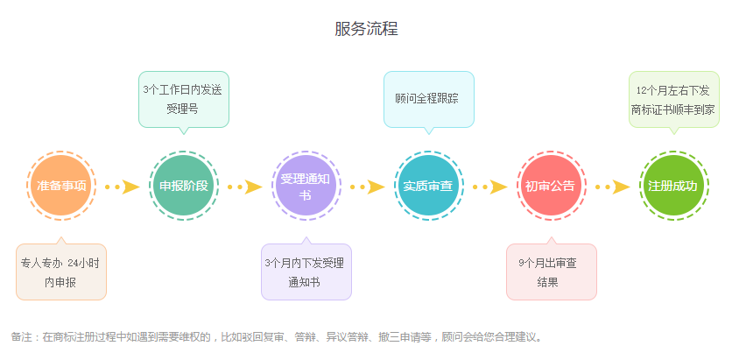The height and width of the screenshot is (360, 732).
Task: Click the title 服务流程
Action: click(366, 28)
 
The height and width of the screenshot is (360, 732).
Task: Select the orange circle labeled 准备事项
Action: click(61, 186)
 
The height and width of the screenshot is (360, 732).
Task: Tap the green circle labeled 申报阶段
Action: click(183, 186)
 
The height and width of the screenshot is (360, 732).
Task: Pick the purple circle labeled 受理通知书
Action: click(306, 186)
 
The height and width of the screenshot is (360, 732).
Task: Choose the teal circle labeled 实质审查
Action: click(428, 186)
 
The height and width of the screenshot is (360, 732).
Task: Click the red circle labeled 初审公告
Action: click(550, 186)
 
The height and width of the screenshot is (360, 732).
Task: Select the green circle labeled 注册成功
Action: click(672, 186)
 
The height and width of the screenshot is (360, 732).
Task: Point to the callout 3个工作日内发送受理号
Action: click(183, 99)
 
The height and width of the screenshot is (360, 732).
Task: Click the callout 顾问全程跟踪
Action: click(428, 98)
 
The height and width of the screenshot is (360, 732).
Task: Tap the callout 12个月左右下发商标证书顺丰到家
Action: click(672, 99)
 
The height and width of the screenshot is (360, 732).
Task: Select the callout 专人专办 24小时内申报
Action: click(61, 272)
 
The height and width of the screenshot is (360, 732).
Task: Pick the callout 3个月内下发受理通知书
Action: click(306, 272)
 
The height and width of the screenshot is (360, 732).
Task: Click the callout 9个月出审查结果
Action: click(551, 272)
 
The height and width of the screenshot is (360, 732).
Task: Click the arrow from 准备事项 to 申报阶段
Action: click(123, 187)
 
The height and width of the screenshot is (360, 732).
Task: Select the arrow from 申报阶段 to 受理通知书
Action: click(245, 187)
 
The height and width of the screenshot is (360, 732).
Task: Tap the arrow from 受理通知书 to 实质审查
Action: click(368, 187)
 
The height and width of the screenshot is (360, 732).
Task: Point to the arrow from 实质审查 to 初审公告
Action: click(489, 187)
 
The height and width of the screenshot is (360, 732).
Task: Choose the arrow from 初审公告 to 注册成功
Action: click(612, 187)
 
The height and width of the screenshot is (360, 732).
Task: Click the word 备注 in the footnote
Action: click(21, 337)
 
